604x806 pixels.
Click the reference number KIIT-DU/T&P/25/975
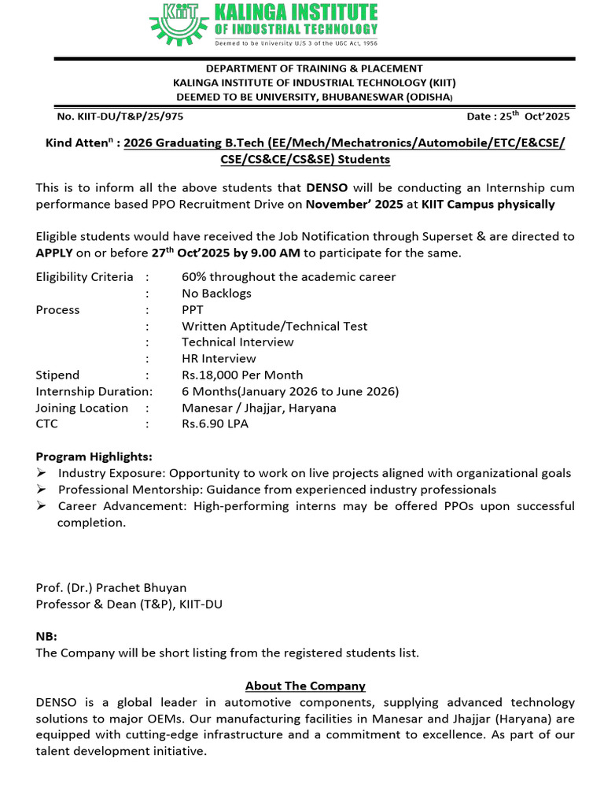pyautogui.click(x=120, y=116)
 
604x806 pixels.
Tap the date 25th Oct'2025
pyautogui.click(x=518, y=116)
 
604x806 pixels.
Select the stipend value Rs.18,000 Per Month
pyautogui.click(x=242, y=375)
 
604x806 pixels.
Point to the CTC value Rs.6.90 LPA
pyautogui.click(x=215, y=423)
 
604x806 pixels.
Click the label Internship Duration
pyautogui.click(x=94, y=391)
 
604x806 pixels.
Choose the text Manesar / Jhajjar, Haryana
pyautogui.click(x=259, y=408)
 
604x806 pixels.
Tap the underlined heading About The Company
pyautogui.click(x=305, y=686)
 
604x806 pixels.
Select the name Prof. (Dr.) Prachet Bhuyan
pyautogui.click(x=112, y=587)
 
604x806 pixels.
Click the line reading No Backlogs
pyautogui.click(x=216, y=293)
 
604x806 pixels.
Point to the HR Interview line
pyautogui.click(x=219, y=358)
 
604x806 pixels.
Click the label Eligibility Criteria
pyautogui.click(x=84, y=277)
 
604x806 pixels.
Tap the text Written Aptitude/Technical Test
pyautogui.click(x=274, y=326)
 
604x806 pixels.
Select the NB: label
pyautogui.click(x=46, y=636)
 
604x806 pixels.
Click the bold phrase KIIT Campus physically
pyautogui.click(x=488, y=204)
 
